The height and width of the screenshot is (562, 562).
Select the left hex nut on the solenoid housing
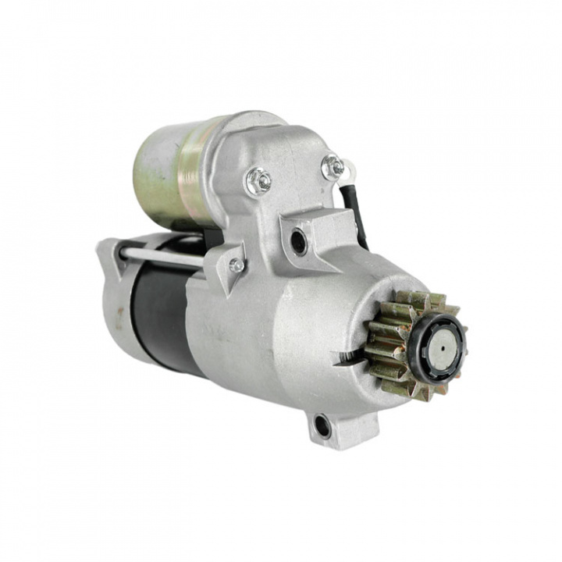pyautogui.click(x=259, y=182)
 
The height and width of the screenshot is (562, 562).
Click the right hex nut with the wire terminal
pyautogui.click(x=333, y=166)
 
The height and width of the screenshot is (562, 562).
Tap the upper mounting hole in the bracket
pyautogui.click(x=299, y=240)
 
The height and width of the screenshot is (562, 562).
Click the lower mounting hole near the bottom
pyautogui.click(x=322, y=425)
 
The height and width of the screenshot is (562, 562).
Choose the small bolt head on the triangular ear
pyautogui.click(x=236, y=265)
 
